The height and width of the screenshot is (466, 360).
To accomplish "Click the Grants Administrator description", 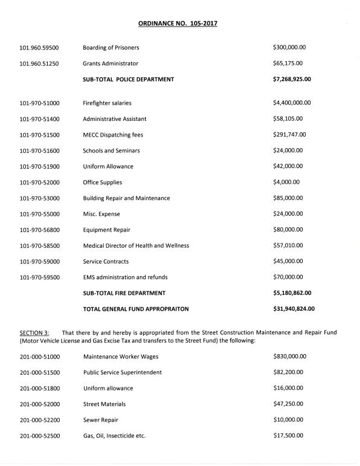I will coord(111,63).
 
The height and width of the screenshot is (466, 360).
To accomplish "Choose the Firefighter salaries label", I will coord(107,103).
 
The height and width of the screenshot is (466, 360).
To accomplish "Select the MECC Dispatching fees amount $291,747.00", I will coord(289,135).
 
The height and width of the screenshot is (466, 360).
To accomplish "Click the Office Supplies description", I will coord(102,182).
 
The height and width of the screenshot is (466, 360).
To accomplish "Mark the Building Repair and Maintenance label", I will coord(126,198).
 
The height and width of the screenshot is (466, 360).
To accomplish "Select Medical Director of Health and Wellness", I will coord(136,245).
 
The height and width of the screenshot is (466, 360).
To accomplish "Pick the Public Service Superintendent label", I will coord(122,372).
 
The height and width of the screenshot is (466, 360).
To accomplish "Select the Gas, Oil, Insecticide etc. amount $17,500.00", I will coord(288,436).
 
